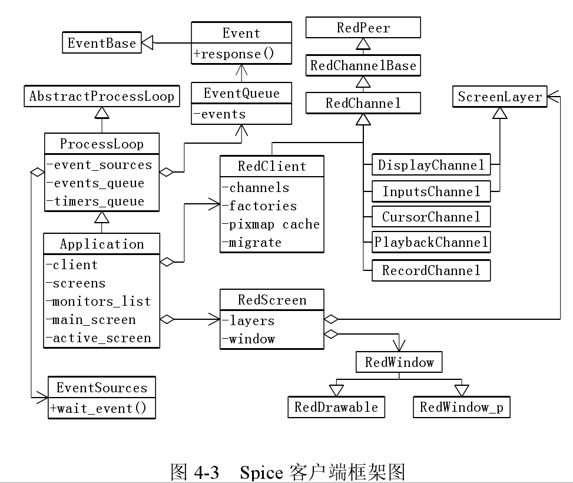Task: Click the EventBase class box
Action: tap(101, 43)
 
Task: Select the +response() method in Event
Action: tap(241, 54)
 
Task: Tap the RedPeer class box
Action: tap(363, 27)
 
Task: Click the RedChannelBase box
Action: tap(363, 65)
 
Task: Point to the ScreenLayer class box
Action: tap(499, 97)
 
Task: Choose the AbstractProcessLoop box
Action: tap(102, 96)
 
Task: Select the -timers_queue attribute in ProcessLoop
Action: tap(95, 201)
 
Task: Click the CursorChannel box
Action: tap(430, 216)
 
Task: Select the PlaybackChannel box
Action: tap(430, 241)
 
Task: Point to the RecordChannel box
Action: tap(430, 270)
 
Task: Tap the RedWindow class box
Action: tap(399, 362)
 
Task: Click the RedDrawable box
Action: tap(336, 407)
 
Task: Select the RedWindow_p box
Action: tap(461, 407)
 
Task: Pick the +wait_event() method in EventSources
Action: tap(101, 408)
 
